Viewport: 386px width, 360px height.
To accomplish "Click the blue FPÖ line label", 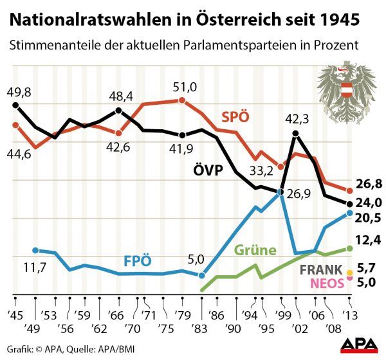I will [138, 262].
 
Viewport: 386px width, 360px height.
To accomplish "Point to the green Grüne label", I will [255, 250].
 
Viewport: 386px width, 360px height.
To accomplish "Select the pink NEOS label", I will [326, 282].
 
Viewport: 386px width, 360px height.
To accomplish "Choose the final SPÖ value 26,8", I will [369, 184].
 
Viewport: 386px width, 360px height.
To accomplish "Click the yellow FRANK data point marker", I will [349, 272].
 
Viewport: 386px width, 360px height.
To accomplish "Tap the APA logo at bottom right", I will [360, 345].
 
